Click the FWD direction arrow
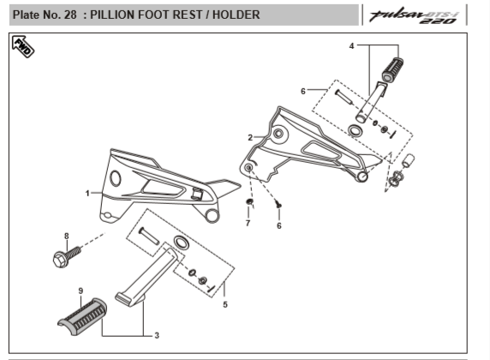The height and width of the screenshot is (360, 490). (23, 46)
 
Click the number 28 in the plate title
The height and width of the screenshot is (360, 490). (70, 15)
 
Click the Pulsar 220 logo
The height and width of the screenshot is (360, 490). (413, 15)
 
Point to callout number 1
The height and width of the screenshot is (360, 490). (87, 194)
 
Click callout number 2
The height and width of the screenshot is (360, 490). (250, 138)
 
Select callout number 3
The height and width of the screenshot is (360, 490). (157, 336)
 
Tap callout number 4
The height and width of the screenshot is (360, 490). (351, 46)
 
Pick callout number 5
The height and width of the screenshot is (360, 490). (225, 304)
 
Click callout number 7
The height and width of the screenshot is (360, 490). (248, 223)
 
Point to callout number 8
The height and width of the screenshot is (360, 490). (67, 236)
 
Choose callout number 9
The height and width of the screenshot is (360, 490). (81, 291)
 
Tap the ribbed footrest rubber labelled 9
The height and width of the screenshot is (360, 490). (82, 316)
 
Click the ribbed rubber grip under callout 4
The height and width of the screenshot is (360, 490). (393, 69)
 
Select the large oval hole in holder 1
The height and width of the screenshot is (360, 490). (116, 178)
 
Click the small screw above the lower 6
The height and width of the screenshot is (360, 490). (278, 205)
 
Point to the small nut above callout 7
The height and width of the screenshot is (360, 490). (249, 201)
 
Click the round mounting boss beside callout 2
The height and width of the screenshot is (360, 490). (278, 134)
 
